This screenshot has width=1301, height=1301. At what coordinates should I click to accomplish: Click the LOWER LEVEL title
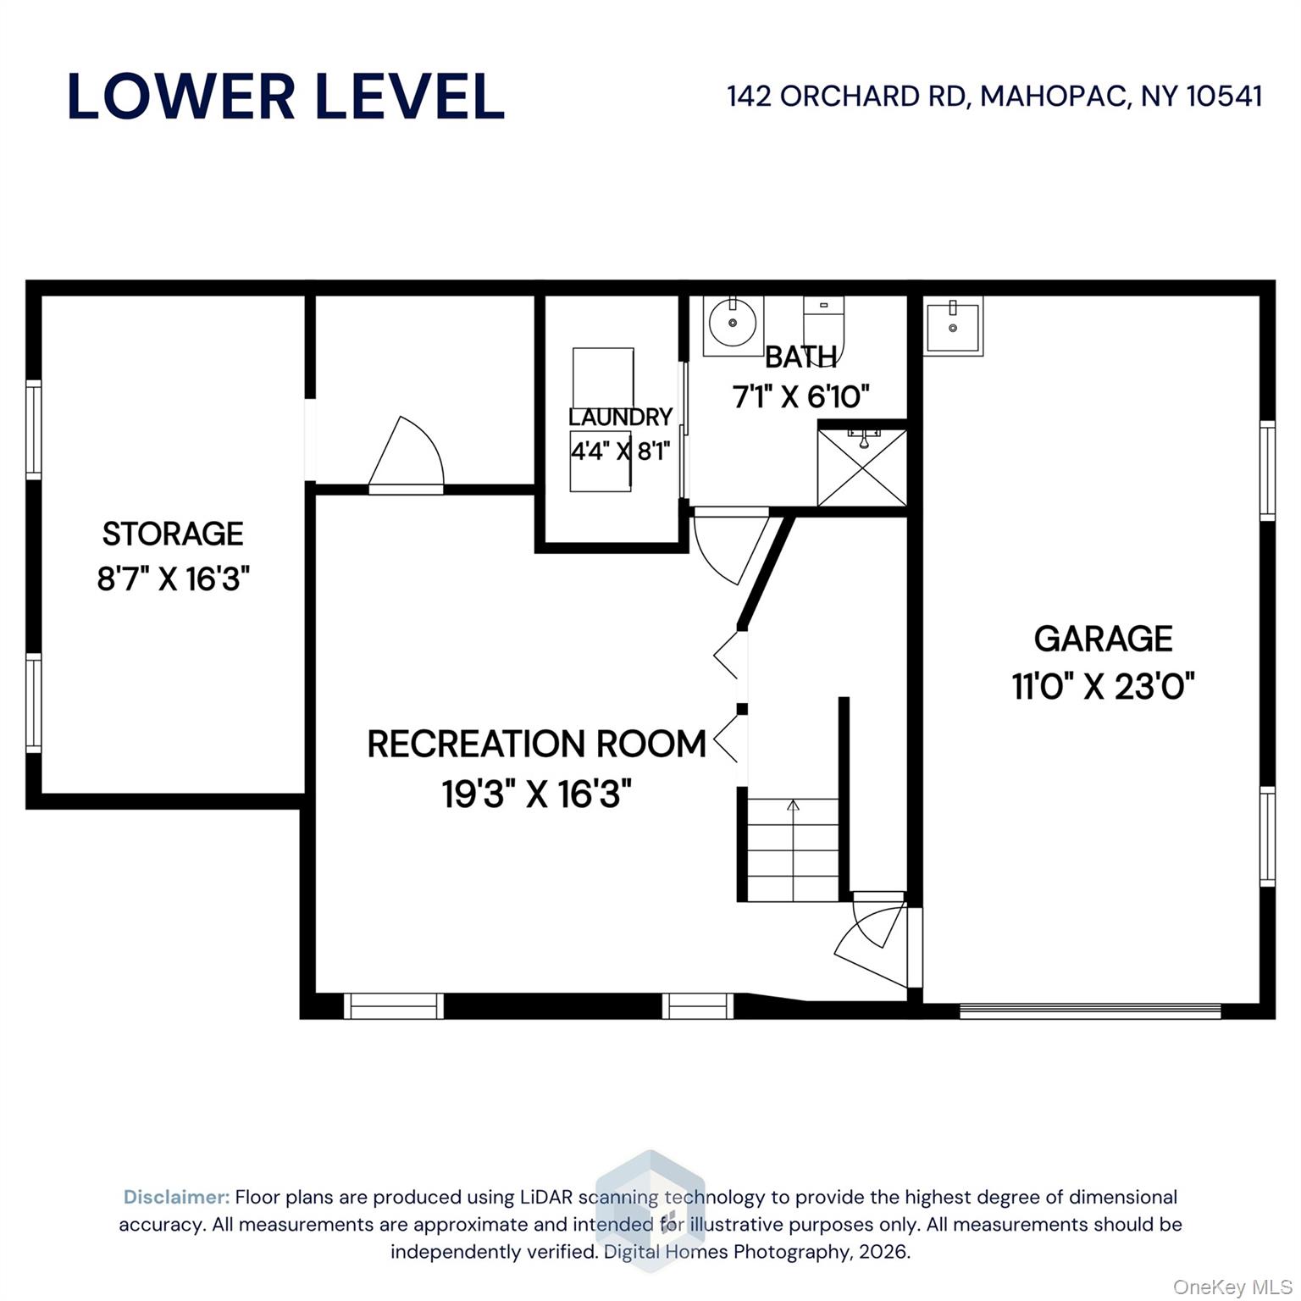tap(286, 97)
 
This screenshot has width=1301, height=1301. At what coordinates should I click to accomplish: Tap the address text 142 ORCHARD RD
tap(846, 97)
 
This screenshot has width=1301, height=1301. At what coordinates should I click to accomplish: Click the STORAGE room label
tap(173, 534)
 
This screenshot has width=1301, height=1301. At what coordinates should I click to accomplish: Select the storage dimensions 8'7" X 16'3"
tap(174, 579)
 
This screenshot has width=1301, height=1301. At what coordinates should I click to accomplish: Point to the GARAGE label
tap(1104, 639)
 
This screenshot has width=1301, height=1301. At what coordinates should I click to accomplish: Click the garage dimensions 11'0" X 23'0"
tap(1104, 686)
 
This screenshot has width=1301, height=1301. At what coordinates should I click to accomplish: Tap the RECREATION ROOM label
tap(537, 744)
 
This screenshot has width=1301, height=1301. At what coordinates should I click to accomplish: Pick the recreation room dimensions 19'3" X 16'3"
tap(537, 794)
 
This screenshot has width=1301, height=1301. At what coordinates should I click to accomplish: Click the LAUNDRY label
tap(620, 417)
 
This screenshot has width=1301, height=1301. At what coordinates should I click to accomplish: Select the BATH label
tap(801, 357)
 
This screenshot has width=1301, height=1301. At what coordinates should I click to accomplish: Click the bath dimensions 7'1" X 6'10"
tap(801, 396)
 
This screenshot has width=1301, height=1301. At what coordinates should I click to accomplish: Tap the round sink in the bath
tap(733, 322)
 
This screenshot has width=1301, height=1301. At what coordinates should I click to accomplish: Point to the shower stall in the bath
tap(862, 468)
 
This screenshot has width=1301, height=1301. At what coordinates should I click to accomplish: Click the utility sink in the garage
tap(953, 326)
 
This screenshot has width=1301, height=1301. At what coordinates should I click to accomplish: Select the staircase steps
tap(793, 850)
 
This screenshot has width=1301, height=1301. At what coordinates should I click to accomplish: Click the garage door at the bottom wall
tap(1090, 1010)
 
